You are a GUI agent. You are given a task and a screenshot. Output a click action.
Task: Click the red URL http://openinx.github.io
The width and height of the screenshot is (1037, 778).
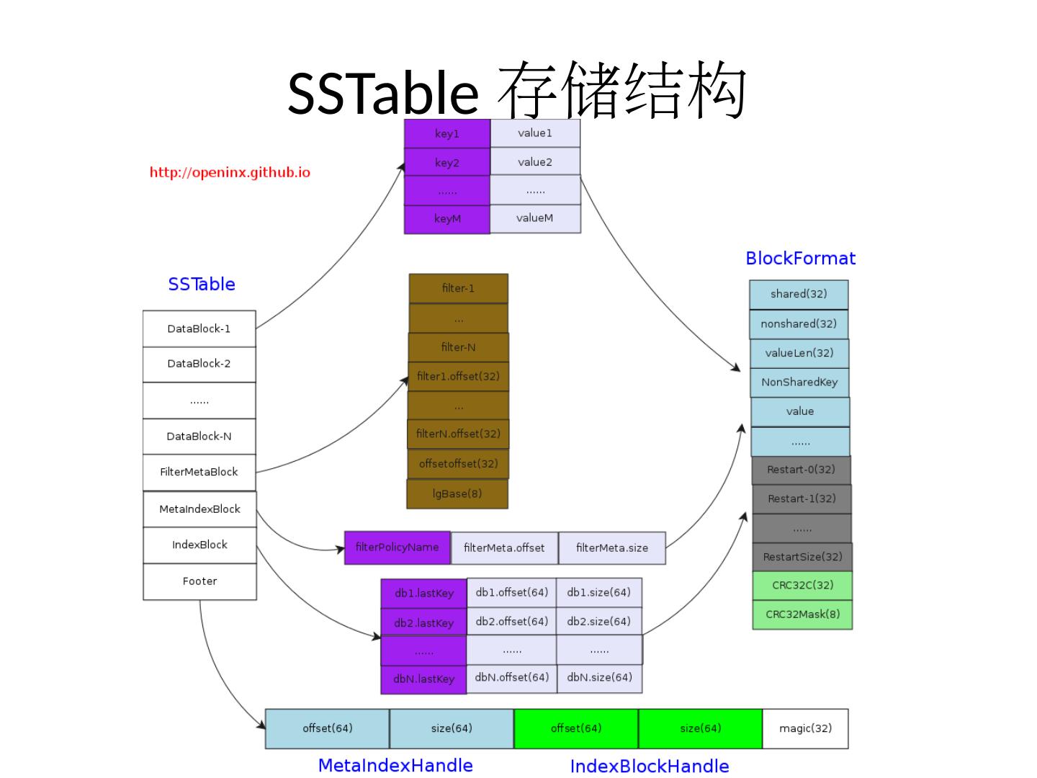tap(230, 172)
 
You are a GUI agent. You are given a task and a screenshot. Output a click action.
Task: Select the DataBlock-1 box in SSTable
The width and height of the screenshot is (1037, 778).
tap(199, 328)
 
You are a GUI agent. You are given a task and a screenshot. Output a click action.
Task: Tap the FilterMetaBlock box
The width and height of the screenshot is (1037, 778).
tap(199, 472)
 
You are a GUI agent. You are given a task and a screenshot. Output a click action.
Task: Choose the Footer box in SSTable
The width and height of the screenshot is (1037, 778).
tap(199, 581)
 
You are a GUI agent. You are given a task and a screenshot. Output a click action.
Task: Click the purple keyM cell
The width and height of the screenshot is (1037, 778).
tap(447, 218)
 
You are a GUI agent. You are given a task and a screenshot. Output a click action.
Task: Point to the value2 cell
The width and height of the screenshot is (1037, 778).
tap(535, 162)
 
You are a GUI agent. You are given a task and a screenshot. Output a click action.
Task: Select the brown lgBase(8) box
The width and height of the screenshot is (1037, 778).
tap(457, 493)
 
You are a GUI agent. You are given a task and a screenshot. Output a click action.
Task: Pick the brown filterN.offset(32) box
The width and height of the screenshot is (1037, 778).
tap(458, 434)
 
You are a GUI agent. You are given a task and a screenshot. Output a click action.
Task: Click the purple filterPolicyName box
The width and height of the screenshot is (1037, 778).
tap(398, 547)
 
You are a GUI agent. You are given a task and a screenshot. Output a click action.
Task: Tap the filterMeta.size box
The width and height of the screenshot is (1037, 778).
tap(612, 548)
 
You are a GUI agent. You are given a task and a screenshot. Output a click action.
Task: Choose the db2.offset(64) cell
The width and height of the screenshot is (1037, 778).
tap(512, 621)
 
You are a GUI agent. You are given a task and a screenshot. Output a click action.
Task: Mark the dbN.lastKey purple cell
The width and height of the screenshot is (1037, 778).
tap(424, 679)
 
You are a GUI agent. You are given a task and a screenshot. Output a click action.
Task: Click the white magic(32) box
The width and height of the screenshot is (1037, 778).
tap(805, 728)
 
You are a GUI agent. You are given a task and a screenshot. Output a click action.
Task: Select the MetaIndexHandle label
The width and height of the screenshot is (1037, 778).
tap(395, 765)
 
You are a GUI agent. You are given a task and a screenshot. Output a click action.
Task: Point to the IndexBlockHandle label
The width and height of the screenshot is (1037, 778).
tap(650, 766)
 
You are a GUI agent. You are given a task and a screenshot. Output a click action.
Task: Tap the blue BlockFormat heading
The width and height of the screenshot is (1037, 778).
tap(801, 259)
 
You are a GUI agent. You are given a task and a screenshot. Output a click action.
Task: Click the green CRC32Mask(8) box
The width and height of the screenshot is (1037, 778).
tap(802, 614)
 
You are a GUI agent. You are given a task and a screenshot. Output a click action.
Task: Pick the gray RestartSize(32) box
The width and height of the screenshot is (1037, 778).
tap(802, 557)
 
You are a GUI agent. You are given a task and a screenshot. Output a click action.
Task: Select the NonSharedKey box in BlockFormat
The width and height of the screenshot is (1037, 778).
tap(799, 383)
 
